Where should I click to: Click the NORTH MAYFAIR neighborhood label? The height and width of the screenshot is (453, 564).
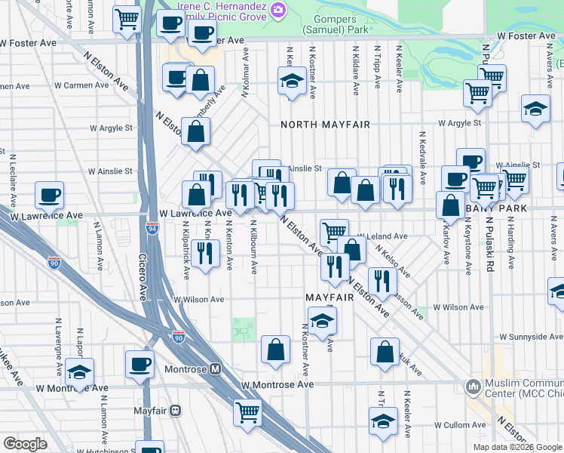click(325, 125)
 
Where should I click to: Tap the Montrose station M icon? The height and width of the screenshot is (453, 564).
click(215, 370)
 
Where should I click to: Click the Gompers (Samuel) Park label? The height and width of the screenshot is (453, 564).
click(336, 23)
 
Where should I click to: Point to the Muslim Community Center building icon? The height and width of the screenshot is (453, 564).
click(474, 387)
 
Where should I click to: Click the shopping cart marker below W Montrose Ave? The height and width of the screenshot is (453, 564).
click(247, 412)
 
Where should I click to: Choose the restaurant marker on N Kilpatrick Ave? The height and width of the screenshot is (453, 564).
click(204, 252)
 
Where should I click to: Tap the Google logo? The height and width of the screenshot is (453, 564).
click(26, 444)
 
